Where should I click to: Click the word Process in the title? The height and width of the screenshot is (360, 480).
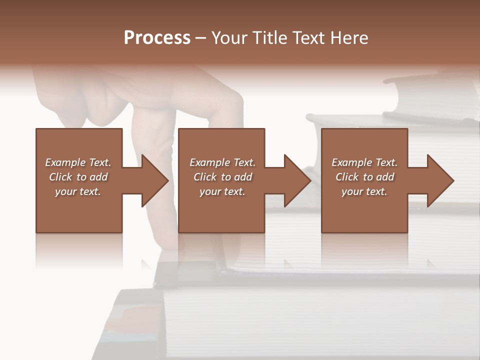[157, 38]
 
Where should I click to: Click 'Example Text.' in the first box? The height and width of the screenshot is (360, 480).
[78, 162]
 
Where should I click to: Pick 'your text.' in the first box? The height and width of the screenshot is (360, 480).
[78, 191]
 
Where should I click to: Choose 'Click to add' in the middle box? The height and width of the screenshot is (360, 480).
[222, 177]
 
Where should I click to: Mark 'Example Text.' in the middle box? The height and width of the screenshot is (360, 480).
[222, 162]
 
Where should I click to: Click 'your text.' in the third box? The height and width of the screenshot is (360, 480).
[364, 191]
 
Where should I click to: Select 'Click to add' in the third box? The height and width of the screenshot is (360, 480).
[364, 177]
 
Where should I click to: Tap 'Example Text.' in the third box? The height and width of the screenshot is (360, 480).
[364, 162]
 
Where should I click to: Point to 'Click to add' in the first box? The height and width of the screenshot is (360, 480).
[78, 177]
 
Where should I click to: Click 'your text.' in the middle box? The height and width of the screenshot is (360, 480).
[222, 191]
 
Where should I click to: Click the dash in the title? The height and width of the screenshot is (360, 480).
[201, 38]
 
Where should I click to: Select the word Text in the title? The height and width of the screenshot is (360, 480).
[307, 38]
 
